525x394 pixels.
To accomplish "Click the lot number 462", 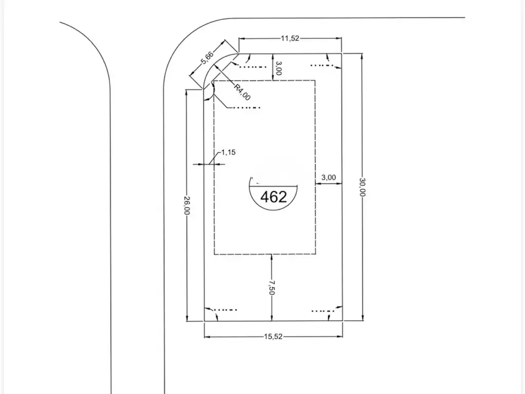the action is (x=274, y=197).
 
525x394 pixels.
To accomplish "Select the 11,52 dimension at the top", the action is (x=290, y=38).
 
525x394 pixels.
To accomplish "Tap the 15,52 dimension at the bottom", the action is (x=273, y=337).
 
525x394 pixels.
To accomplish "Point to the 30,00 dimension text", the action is (x=362, y=187).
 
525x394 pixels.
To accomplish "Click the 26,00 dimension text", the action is (x=187, y=205).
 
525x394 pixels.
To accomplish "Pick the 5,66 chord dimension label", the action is (x=207, y=57).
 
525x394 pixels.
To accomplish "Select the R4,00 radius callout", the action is (x=242, y=92).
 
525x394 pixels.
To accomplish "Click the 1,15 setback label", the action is (x=228, y=152).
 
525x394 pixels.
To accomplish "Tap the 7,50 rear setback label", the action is (x=271, y=287).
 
